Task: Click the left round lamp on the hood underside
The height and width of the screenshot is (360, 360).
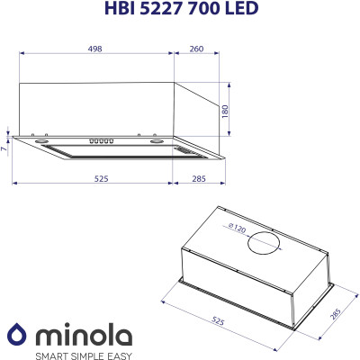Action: coord(43,142)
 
